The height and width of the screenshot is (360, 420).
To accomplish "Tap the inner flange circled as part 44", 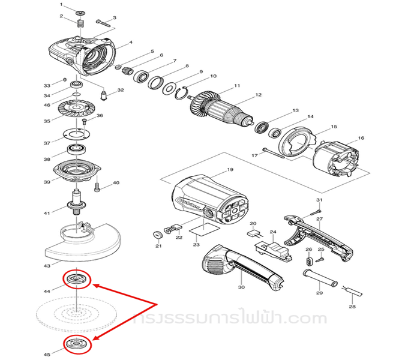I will click(x=77, y=279).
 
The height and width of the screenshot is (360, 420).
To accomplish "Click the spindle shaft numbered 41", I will click(x=77, y=203).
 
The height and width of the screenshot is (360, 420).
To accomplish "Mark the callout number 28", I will click(x=352, y=306).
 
